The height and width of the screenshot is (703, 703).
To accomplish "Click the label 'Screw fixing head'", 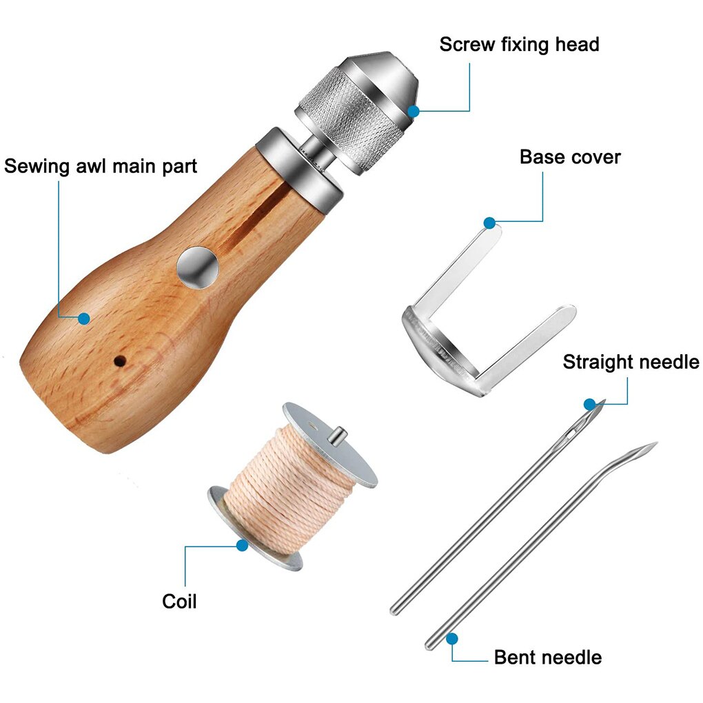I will coord(519,45).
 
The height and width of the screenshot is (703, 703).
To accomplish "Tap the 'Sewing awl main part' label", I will coord(101,166).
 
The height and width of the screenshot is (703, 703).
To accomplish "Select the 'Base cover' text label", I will coord(569,157).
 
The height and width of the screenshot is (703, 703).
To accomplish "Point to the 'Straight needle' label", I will coord(630,362).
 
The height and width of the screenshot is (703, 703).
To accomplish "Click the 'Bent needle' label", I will coord(547,657).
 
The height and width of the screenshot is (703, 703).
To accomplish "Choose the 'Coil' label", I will coord(179,601).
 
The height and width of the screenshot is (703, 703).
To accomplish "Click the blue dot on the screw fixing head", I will coord(413,110).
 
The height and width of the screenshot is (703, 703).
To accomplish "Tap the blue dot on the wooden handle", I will coord(84,318).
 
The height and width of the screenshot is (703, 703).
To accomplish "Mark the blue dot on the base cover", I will coord(489,223).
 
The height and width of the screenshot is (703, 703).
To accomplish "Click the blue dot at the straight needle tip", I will coord(590,404).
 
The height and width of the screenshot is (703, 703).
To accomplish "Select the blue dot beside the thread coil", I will coord(242,545).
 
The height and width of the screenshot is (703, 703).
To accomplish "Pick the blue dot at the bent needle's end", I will coord(451,638).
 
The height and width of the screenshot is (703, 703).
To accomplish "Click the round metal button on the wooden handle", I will coord(197,266).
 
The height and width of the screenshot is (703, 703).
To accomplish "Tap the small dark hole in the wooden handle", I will coord(120,360).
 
